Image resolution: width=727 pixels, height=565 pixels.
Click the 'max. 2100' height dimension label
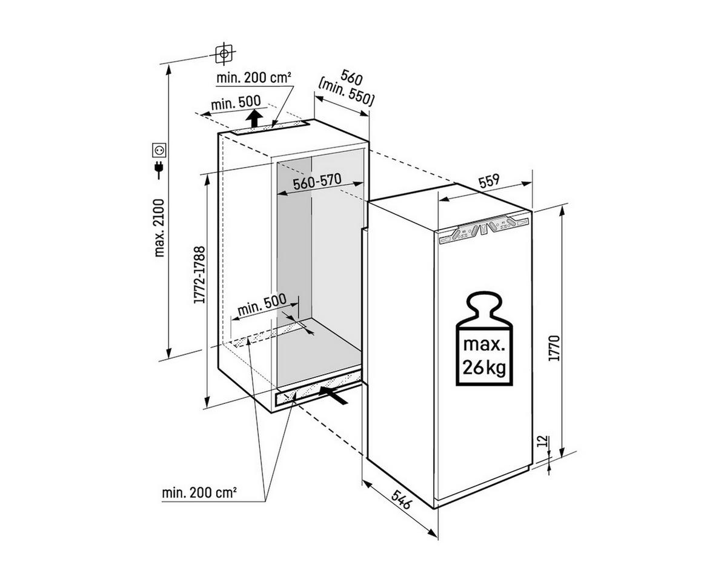(x=160, y=227)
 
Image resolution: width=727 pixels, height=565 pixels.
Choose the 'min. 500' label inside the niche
(x=261, y=308)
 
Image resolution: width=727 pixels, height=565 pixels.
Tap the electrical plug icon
(x=160, y=168)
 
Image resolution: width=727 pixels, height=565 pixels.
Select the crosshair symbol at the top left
(x=224, y=53)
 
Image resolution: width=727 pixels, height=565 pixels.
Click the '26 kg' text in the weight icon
(x=483, y=367)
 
